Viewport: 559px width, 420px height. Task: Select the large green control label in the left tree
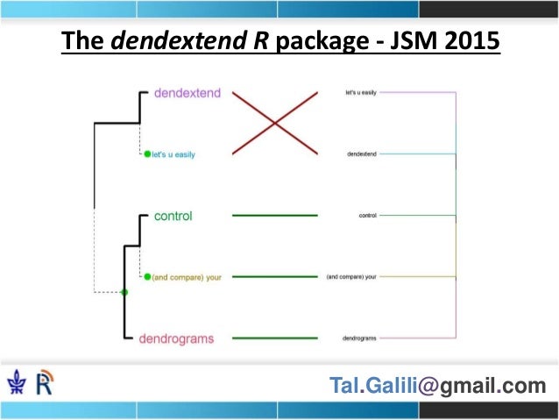coord(173,216)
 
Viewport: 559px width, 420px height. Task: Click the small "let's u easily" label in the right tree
coord(360,92)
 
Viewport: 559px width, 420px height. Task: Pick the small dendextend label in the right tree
coord(360,153)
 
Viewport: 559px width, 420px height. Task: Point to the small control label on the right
coord(368,215)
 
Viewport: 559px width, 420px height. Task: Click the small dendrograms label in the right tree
coord(359,338)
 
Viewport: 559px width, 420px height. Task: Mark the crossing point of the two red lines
coord(275,124)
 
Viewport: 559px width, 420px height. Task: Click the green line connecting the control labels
coord(274,216)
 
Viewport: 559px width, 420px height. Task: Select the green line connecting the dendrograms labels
coord(274,338)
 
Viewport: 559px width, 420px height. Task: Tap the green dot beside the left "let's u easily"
coord(147,154)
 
